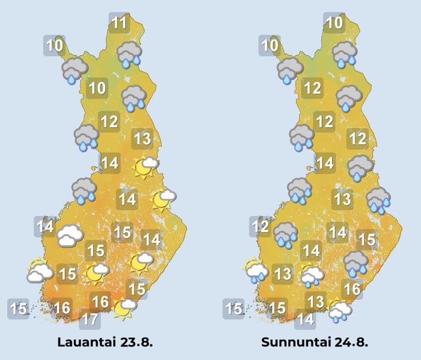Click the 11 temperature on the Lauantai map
coord(120,24)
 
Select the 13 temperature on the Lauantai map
coord(142,139)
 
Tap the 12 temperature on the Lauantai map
coord(109,122)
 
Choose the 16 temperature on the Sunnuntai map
coord(352,290)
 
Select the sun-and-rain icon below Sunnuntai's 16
coord(341,311)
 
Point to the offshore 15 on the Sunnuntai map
coord(234,309)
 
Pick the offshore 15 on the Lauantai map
coord(19,309)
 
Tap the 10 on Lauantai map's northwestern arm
coord(55,45)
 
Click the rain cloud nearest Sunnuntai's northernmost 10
coord(345,54)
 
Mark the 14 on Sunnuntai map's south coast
coord(306,319)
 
